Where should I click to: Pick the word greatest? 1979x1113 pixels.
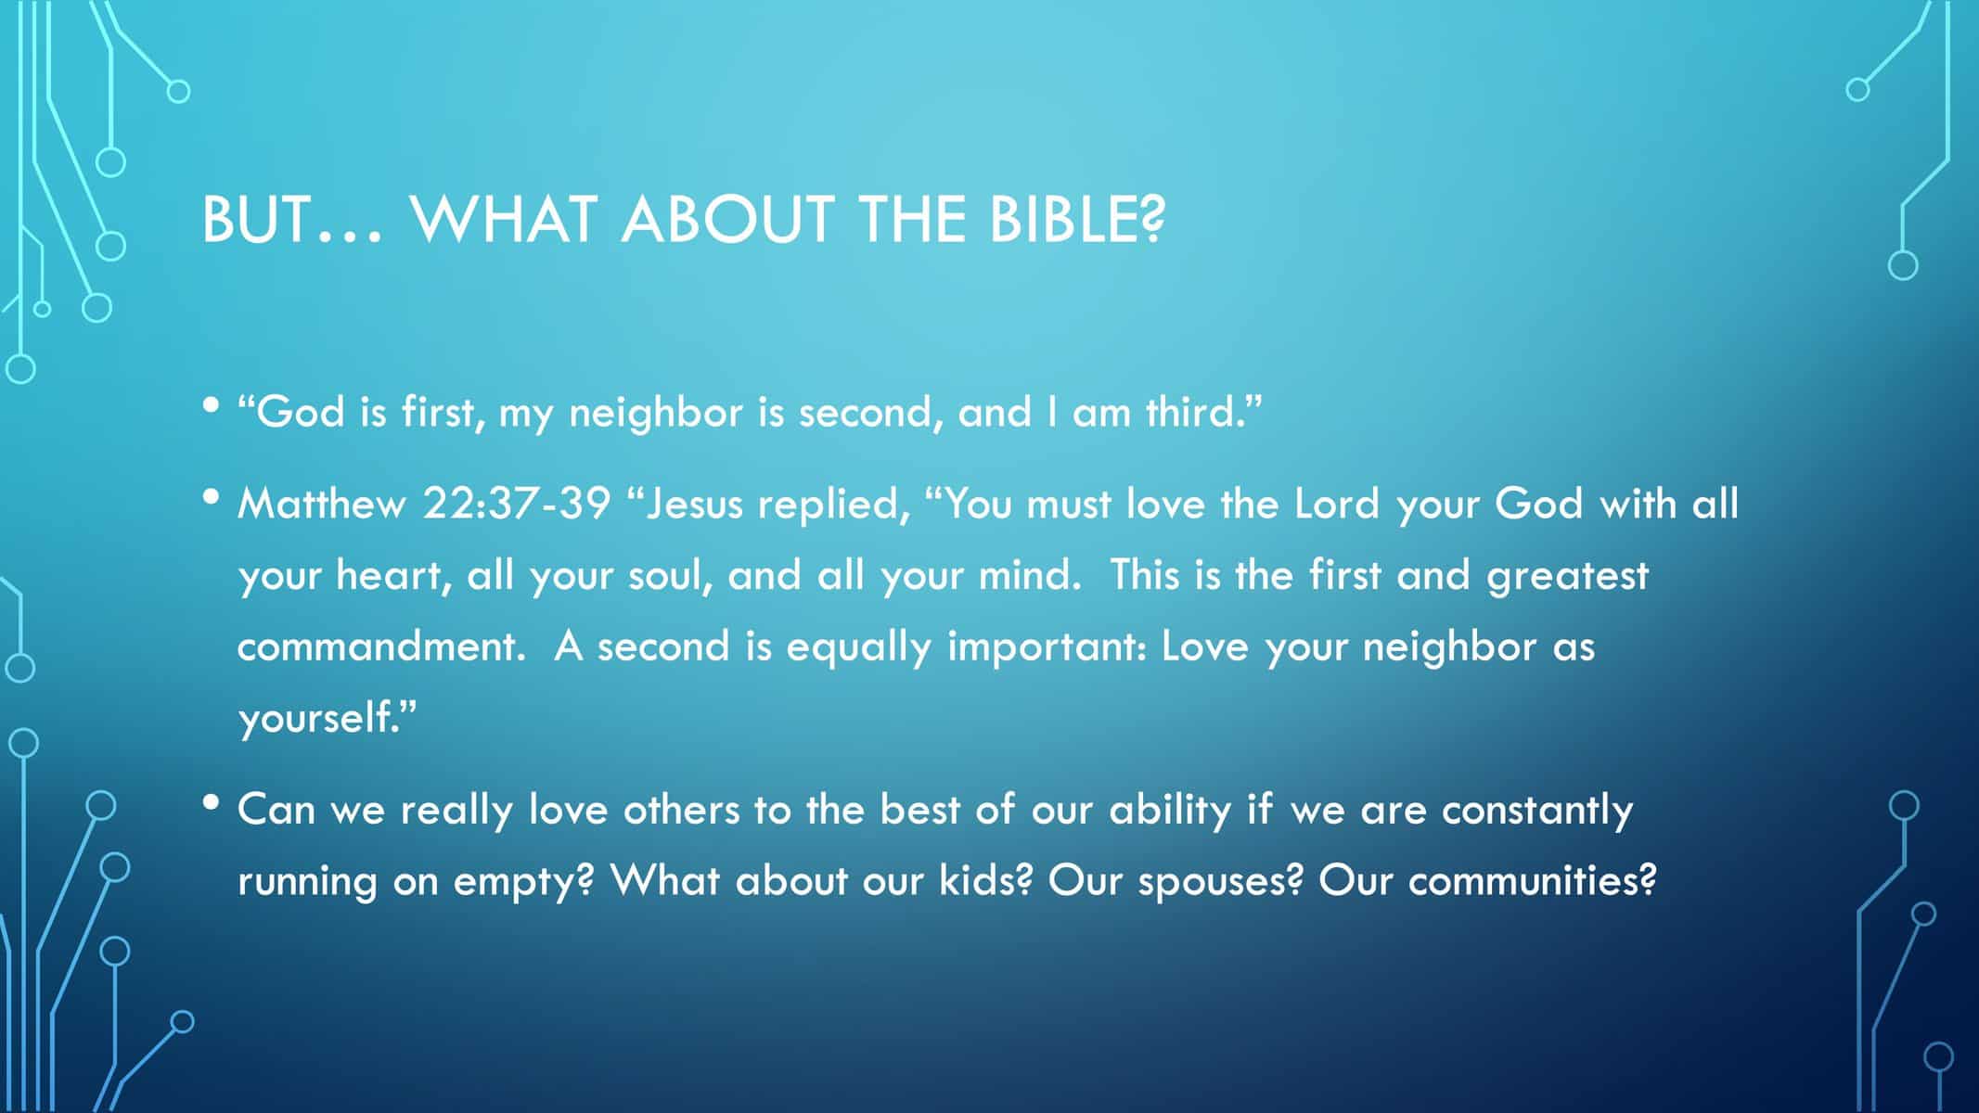(1567, 576)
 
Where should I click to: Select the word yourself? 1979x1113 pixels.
(326, 717)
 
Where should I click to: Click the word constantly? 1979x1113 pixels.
(1537, 810)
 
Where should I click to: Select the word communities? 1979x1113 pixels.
(1532, 880)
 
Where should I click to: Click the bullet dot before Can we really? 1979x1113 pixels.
(212, 801)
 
